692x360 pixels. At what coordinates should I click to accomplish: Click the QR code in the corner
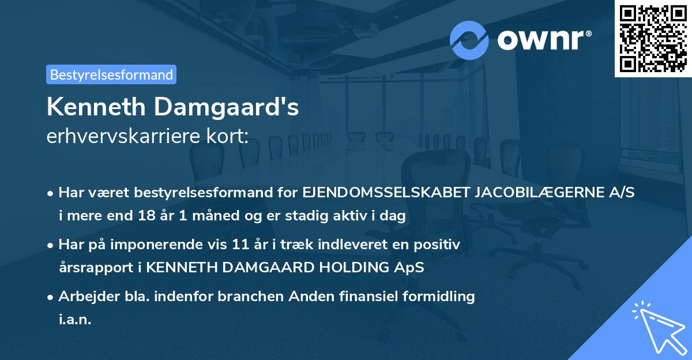click(653, 39)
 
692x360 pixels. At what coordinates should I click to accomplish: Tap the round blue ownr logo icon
click(469, 40)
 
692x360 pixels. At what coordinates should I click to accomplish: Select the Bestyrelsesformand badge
click(111, 74)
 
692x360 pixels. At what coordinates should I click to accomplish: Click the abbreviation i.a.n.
click(75, 320)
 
